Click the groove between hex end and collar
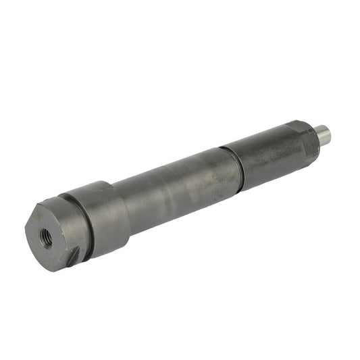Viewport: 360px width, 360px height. coord(85,224)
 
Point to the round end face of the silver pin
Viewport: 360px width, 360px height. coord(328,135)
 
